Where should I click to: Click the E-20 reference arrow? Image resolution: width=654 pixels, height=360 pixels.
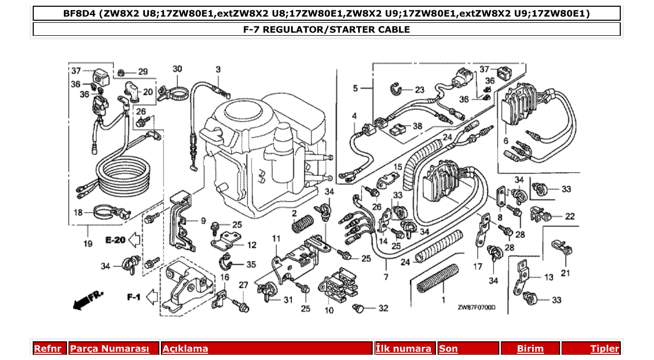(x=134, y=240)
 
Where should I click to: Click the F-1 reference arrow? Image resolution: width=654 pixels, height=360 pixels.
(x=151, y=297)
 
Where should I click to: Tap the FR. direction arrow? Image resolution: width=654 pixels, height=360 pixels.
(x=88, y=300)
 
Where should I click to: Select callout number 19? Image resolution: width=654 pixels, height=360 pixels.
(x=87, y=243)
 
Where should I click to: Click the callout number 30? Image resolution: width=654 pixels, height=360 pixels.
(x=178, y=69)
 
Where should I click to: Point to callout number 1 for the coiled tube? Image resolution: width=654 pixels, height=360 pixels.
(x=443, y=300)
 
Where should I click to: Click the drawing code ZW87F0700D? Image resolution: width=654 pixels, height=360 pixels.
(x=476, y=307)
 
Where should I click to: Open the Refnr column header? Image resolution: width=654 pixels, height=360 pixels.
(x=48, y=349)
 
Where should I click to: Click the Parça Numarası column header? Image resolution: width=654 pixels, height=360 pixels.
(x=110, y=349)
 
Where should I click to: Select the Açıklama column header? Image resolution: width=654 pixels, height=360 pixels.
(x=185, y=349)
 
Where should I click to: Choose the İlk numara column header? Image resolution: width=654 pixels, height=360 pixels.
(x=403, y=349)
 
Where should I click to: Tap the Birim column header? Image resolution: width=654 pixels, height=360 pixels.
(x=530, y=349)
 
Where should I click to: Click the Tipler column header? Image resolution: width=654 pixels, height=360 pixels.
(x=605, y=349)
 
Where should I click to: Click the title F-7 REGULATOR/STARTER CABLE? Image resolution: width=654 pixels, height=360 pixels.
(x=326, y=30)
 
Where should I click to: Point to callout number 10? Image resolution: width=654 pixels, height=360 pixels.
(x=329, y=311)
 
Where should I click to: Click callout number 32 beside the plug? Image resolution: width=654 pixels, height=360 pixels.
(x=383, y=308)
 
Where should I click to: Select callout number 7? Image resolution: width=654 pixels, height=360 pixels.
(x=386, y=277)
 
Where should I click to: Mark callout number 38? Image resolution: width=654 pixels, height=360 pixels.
(x=417, y=126)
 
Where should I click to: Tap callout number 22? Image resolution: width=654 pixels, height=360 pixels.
(x=570, y=216)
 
